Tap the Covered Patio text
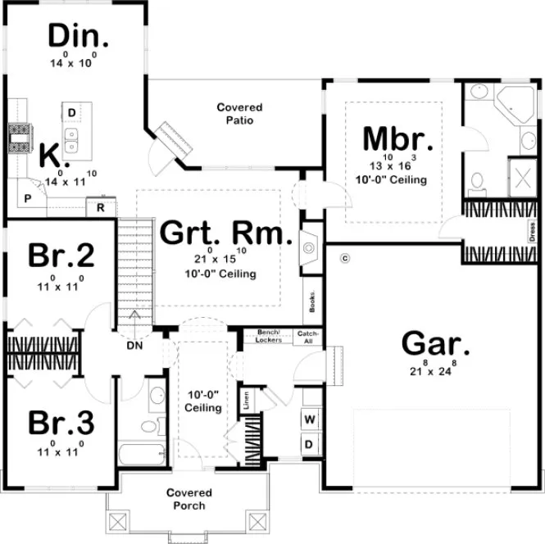(x=239, y=114)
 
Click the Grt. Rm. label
(x=225, y=233)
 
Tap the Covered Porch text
(x=189, y=499)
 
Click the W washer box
(x=311, y=420)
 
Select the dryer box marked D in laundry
(x=311, y=443)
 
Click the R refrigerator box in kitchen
(x=100, y=208)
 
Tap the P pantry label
(x=28, y=198)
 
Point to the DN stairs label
(x=134, y=346)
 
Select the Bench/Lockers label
(x=269, y=335)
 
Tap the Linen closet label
(x=245, y=401)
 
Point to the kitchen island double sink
(x=71, y=138)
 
